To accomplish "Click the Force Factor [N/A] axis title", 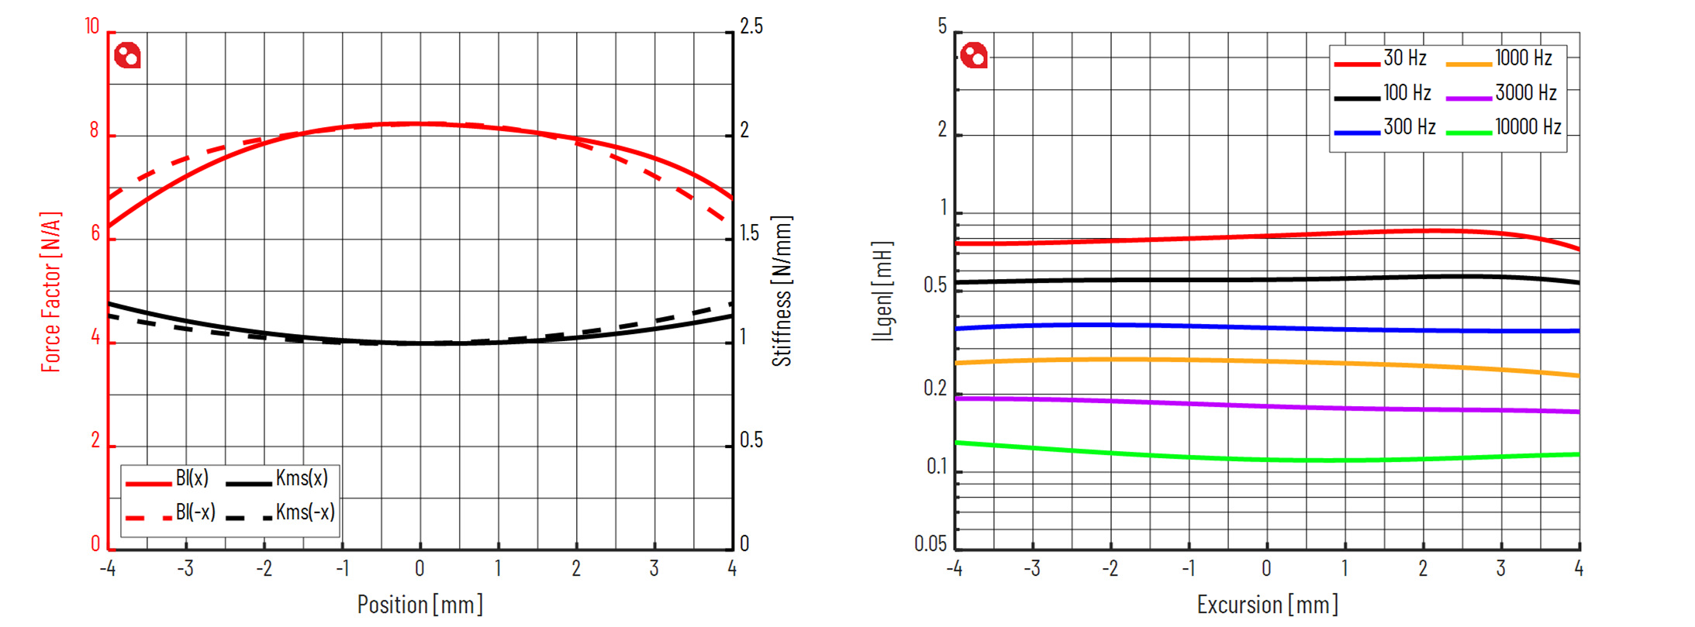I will coord(50,291).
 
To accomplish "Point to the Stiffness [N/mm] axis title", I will coord(782,291).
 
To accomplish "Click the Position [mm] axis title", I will coord(419,605).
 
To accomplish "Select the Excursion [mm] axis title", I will coord(1267,605).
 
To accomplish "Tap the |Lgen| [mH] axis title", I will coord(882,291).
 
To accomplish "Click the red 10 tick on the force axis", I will coord(92,27).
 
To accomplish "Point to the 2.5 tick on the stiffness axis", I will coord(751,27).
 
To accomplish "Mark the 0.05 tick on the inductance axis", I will coord(930,544).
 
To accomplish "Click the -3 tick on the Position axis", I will coord(185,569).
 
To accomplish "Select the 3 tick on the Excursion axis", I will coord(1500,569).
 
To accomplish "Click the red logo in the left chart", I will coord(128,56).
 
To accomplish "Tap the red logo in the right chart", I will coord(974,56).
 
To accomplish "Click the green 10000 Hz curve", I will coord(1267,460).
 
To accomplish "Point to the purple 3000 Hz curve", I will coord(1267,406).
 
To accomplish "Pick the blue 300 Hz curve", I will coord(1267,328).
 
